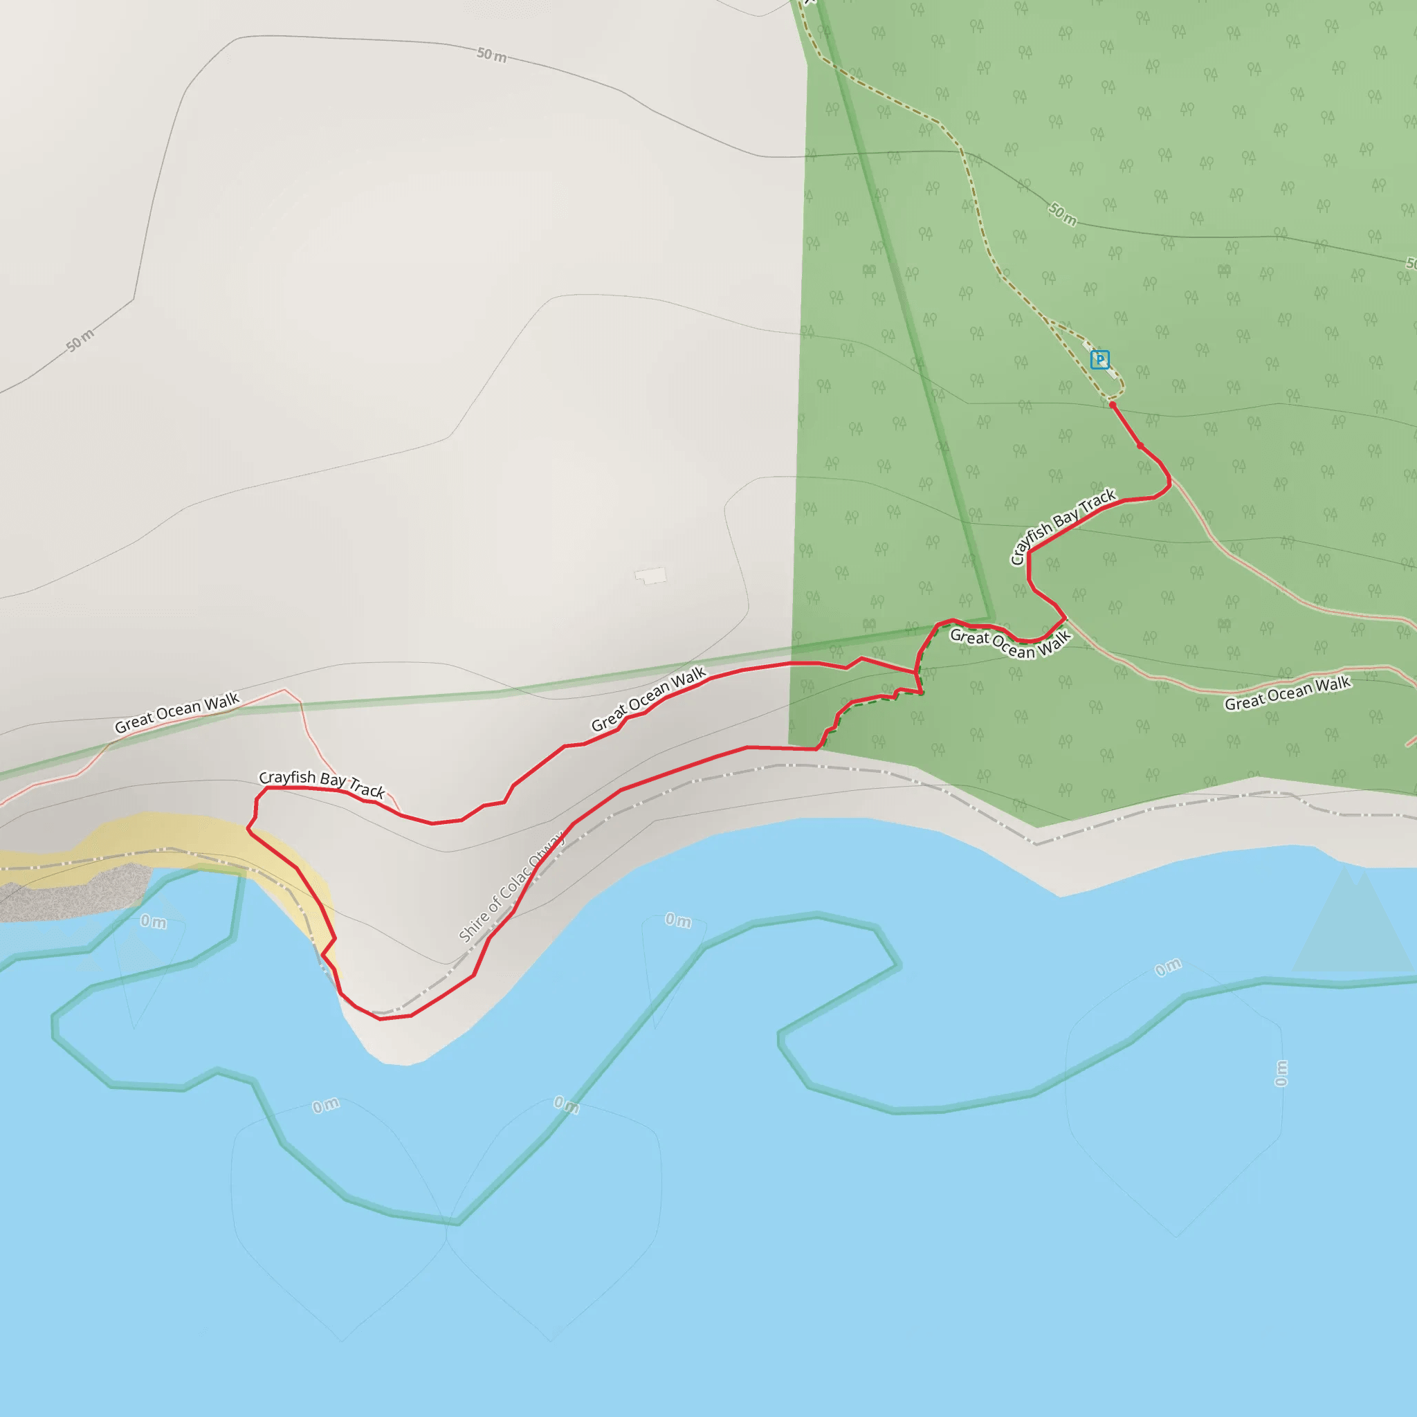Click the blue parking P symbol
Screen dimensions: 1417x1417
tap(1099, 359)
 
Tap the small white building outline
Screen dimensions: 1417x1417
tap(650, 576)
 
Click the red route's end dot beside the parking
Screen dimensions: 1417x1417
tap(1113, 405)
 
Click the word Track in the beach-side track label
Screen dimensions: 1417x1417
tap(367, 789)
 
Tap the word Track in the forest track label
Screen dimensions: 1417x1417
tap(1097, 500)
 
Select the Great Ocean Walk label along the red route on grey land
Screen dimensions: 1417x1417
tap(648, 699)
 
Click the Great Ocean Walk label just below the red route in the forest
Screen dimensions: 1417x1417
tap(1010, 644)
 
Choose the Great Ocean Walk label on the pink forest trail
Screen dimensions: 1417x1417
tap(1287, 693)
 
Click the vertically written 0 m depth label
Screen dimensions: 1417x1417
tap(1281, 1073)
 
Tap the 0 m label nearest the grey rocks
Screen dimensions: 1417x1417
tap(154, 921)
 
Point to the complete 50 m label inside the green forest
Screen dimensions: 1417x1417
tap(1062, 214)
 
